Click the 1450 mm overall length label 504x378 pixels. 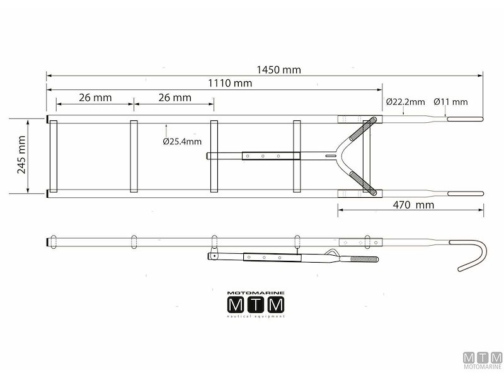click(x=278, y=70)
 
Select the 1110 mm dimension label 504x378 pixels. click(x=230, y=83)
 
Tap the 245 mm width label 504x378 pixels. click(x=21, y=154)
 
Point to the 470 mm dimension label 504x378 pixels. click(x=413, y=205)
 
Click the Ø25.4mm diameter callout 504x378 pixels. click(x=182, y=141)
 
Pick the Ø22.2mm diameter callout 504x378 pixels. click(x=405, y=102)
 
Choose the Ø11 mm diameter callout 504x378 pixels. click(x=450, y=102)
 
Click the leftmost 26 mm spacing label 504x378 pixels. click(x=95, y=98)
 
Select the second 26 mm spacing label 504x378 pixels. click(x=175, y=98)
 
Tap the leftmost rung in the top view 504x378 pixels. click(x=54, y=156)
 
